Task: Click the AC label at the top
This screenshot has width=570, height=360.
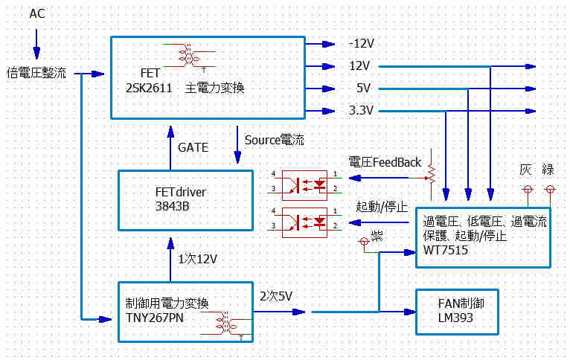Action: (37, 13)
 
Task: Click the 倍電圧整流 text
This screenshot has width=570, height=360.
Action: (36, 74)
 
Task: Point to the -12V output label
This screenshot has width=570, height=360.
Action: (362, 42)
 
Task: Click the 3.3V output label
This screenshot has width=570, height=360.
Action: (362, 111)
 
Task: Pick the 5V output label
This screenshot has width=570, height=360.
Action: (364, 89)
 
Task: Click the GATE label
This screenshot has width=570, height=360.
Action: (193, 147)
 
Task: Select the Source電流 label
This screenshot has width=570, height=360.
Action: (275, 140)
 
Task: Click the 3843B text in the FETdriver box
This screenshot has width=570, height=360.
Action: (168, 206)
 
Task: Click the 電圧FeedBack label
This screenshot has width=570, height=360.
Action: (385, 162)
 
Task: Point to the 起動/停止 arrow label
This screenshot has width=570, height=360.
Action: (382, 205)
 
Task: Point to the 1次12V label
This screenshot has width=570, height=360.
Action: (197, 259)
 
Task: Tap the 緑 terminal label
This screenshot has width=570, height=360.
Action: (548, 170)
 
